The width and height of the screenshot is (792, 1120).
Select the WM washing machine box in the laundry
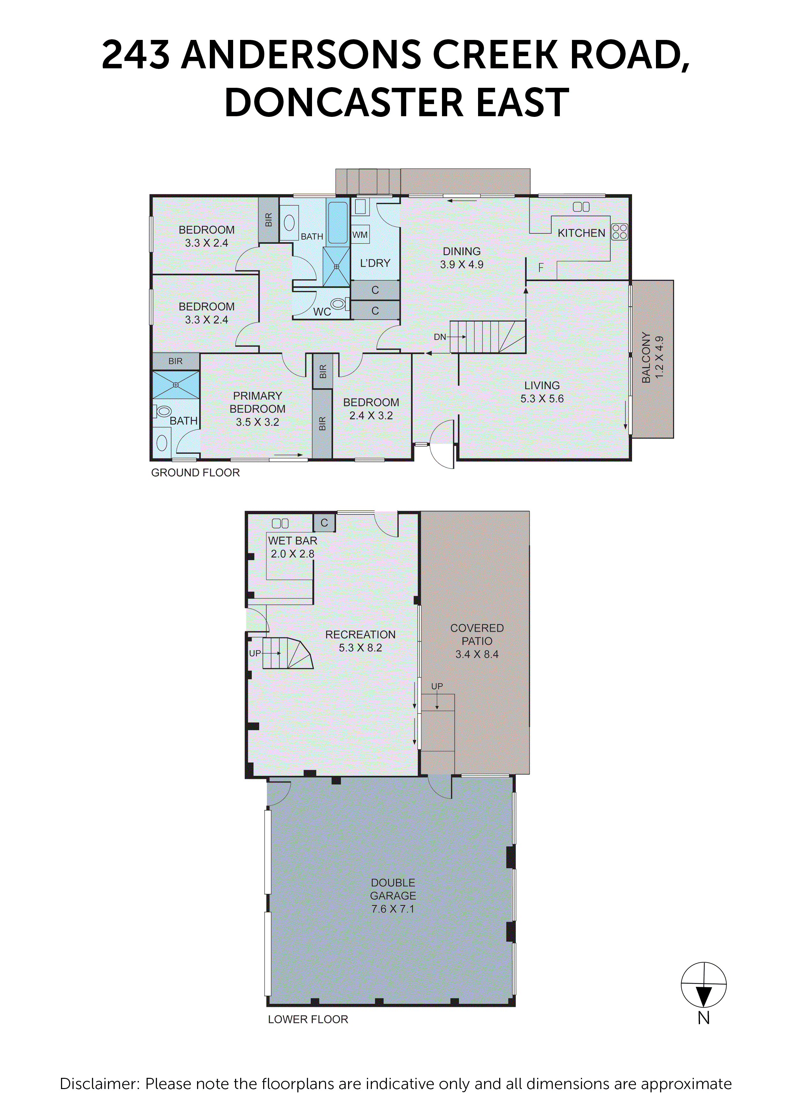pos(360,235)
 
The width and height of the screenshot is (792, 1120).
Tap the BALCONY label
pos(646,358)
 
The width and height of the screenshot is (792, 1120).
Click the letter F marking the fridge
pos(541,267)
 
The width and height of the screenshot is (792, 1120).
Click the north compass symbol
pos(703,985)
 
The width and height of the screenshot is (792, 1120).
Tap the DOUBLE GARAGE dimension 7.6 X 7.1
pos(392,909)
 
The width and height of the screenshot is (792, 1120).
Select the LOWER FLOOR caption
pos(308,1019)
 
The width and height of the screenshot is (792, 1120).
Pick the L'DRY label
pos(375,263)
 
